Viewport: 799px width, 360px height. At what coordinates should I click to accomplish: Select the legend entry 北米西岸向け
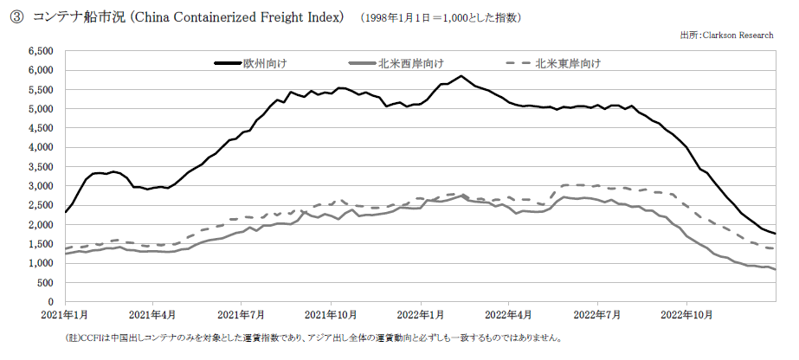click(x=396, y=63)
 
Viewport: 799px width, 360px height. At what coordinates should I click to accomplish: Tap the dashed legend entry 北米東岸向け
click(x=554, y=63)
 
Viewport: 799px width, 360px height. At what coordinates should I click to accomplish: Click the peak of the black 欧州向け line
click(x=461, y=76)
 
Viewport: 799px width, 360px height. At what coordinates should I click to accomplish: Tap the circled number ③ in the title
click(x=16, y=17)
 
